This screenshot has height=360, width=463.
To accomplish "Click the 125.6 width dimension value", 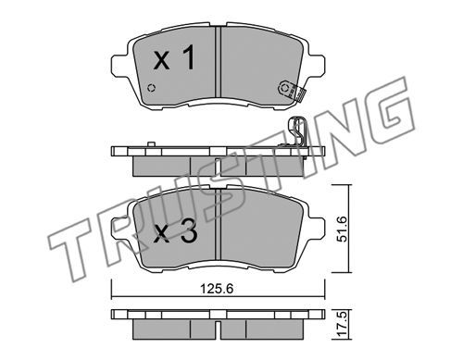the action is click(x=217, y=289).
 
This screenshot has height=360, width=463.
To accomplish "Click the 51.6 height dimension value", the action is click(x=343, y=229).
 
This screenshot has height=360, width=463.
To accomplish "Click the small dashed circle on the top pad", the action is click(x=151, y=88).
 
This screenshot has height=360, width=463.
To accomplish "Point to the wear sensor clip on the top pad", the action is click(x=292, y=91).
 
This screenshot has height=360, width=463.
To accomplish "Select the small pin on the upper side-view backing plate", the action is click(x=151, y=144).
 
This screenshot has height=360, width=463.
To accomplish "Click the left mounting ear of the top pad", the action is click(x=119, y=65).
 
